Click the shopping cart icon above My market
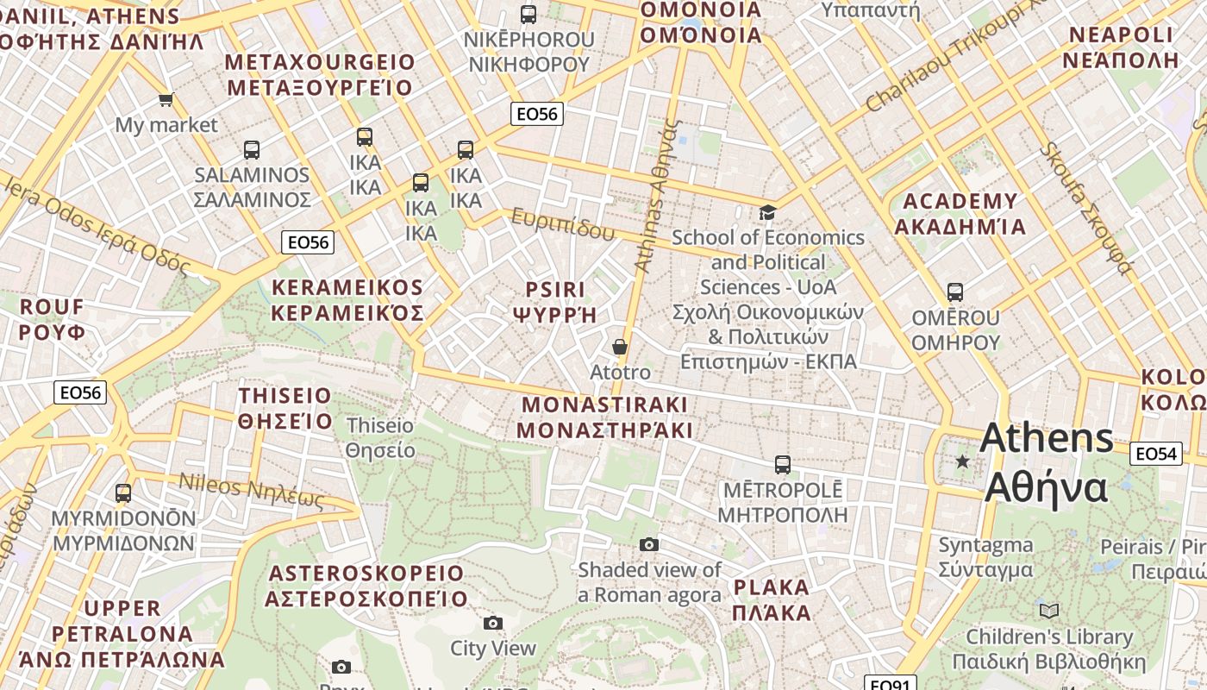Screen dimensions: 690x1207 [166, 100]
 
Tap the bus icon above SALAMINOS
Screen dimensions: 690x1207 [251, 150]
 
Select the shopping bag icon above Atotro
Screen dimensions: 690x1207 [619, 347]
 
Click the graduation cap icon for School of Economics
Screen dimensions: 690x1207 [767, 212]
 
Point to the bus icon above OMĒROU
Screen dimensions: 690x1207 [954, 292]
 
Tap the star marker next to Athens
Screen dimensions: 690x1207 [962, 462]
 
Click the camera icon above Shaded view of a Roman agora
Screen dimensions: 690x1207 [649, 544]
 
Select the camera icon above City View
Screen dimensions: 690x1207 [492, 623]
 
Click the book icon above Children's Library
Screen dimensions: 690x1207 [1048, 612]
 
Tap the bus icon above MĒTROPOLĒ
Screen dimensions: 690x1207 [782, 465]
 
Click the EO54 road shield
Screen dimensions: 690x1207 [1156, 454]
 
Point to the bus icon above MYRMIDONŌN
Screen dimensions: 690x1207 [123, 493]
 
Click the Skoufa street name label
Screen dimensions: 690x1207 [1085, 207]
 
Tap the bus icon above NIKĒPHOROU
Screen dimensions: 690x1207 [528, 15]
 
